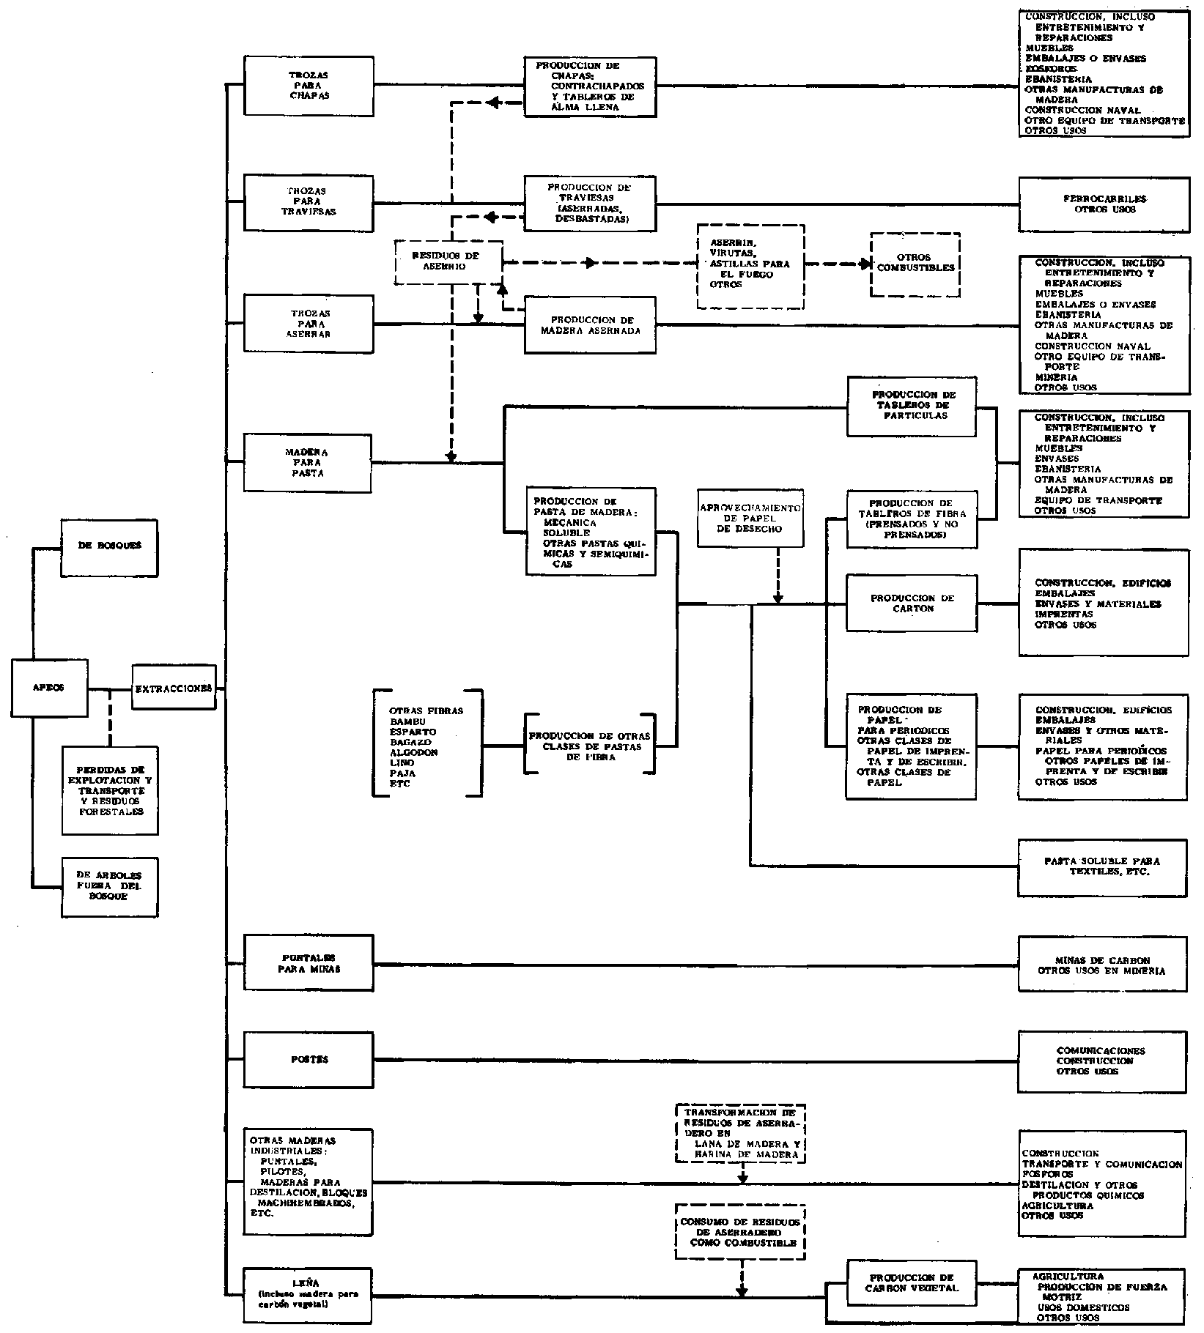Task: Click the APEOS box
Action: pos(49,687)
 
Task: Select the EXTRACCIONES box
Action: pos(174,687)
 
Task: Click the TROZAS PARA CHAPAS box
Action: pos(309,86)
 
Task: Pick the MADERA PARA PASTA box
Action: pos(309,463)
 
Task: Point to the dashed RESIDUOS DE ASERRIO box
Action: pos(448,261)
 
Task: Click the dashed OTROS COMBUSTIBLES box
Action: pos(915,264)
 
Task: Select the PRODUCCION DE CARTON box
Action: pos(912,603)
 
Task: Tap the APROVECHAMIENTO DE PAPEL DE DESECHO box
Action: pos(750,517)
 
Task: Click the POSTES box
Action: pos(309,1059)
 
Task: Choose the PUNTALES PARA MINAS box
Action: pos(309,963)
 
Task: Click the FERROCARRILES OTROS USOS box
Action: pos(1104,204)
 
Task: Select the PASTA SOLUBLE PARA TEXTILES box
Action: pos(1102,867)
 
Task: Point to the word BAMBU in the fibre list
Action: pos(407,721)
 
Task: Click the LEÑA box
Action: pos(309,1295)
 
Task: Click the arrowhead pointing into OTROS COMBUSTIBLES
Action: pos(866,264)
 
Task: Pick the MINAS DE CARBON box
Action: pos(1102,965)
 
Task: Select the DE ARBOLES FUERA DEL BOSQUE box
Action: pos(110,886)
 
